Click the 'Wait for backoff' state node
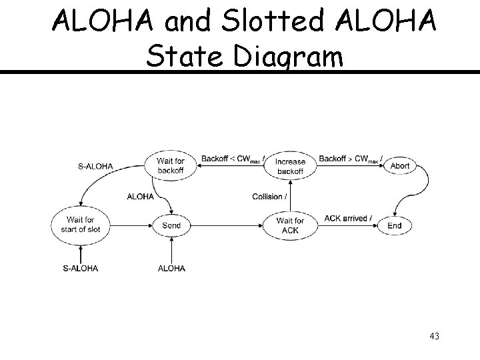(x=171, y=165)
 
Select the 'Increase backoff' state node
(x=290, y=166)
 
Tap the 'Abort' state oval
(x=400, y=165)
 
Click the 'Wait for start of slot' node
(x=80, y=225)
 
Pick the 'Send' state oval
(x=171, y=225)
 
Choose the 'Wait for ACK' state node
(x=290, y=225)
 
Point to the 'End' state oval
(x=395, y=225)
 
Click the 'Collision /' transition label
(x=270, y=196)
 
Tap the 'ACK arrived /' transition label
(x=348, y=218)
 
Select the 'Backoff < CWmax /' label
(x=233, y=159)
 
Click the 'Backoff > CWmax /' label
(x=350, y=159)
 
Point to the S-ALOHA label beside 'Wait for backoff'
(x=96, y=166)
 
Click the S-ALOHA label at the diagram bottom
(x=80, y=268)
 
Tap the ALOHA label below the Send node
(x=171, y=268)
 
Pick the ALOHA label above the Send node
(x=140, y=196)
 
